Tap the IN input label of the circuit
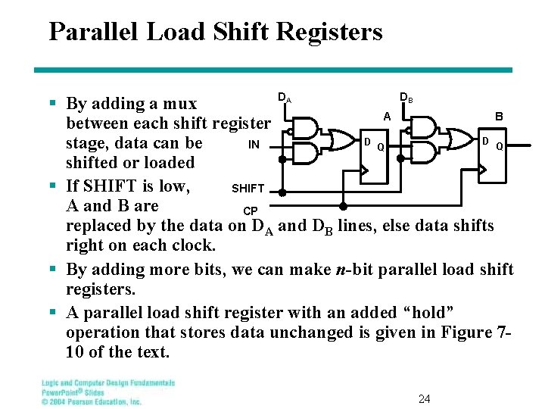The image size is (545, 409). pos(254,144)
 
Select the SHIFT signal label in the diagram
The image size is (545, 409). pos(248,189)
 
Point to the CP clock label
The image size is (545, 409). pos(250,210)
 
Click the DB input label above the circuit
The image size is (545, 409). pos(406,98)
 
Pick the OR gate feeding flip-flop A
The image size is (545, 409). pos(335,140)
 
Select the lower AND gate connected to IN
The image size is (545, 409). pos(305,154)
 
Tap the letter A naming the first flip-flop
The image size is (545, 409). pos(387,117)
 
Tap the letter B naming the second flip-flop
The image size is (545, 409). pos(499,117)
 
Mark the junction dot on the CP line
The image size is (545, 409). pos(343,206)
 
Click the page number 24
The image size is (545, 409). pos(425,398)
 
